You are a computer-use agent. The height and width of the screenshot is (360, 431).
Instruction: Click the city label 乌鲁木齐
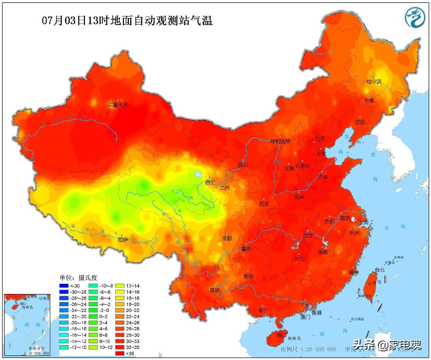118,105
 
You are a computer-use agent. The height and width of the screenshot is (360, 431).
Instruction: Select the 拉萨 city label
123,240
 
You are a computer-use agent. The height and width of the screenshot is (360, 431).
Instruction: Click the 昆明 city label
215,290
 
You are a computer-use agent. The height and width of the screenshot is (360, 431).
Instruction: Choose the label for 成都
227,239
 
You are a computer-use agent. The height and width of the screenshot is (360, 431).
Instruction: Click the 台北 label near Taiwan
379,270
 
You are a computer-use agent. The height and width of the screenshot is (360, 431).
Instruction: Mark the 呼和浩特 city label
280,141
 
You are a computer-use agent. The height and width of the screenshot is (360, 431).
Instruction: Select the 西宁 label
210,182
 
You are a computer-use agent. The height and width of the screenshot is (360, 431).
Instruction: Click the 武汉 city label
308,236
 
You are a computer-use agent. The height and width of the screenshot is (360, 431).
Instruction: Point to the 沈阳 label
360,122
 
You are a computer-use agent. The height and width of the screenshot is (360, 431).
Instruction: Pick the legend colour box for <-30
64,286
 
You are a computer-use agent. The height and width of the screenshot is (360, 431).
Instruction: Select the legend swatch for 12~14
120,286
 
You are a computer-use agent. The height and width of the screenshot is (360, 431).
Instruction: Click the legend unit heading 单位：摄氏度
78,278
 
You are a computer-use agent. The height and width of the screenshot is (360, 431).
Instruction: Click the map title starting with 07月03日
127,21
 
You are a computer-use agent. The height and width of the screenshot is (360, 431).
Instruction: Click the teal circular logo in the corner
415,17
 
